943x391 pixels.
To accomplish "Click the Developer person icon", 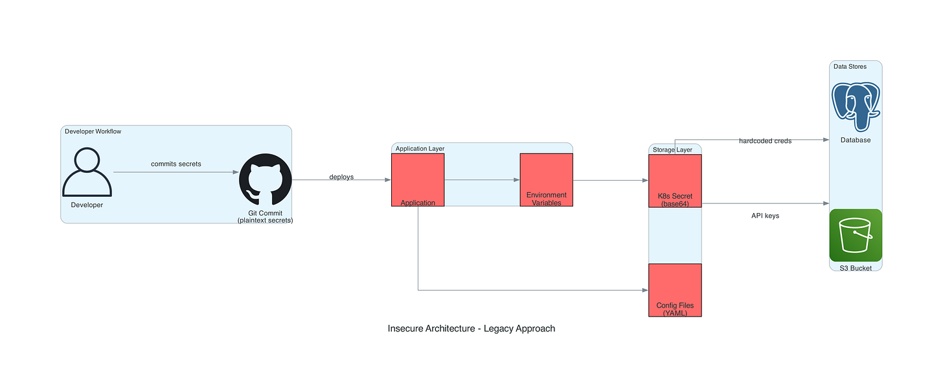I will (87, 173).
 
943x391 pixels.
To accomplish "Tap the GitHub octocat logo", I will (265, 182).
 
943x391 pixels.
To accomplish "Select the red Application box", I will (418, 179).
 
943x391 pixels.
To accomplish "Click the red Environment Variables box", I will (546, 179).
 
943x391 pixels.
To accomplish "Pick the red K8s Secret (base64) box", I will (675, 181).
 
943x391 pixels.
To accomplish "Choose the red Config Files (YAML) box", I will (675, 289).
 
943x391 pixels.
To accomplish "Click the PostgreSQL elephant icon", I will (856, 104).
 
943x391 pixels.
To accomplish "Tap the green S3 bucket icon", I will (856, 235).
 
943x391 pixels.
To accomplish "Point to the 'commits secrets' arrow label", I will (176, 164).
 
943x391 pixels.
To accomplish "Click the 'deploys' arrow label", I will (341, 177).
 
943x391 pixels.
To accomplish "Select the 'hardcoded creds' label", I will (765, 140).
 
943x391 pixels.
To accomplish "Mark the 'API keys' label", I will (765, 216).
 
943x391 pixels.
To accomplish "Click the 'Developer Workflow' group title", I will (93, 131).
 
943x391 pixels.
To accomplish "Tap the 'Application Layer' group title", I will (420, 148).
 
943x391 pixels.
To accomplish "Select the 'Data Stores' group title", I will (850, 67).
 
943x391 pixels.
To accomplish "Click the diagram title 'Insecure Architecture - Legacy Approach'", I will (471, 328).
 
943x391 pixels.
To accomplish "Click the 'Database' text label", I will (856, 140).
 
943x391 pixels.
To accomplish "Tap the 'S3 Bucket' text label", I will (856, 267).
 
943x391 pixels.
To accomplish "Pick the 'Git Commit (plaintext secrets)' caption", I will (265, 217).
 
